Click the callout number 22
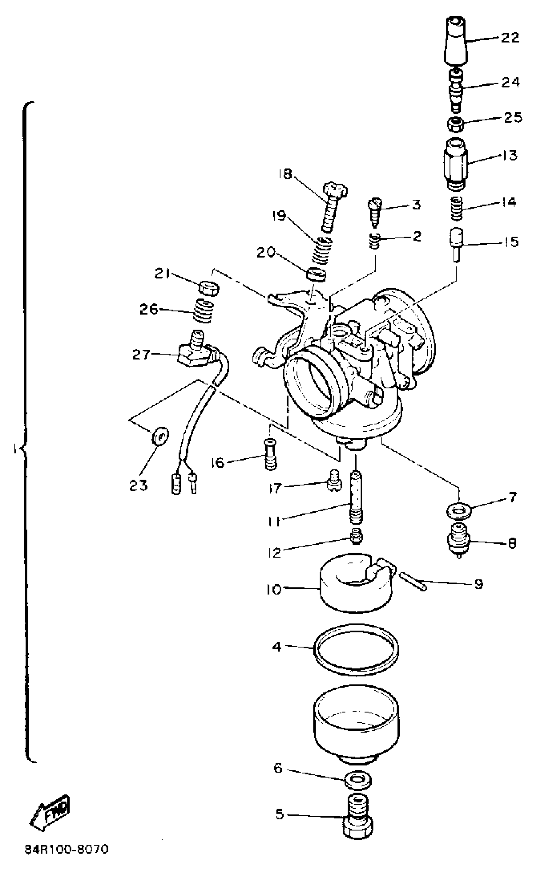coord(510,37)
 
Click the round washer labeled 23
coord(160,436)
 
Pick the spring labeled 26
coord(204,310)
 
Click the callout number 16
coord(217,463)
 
